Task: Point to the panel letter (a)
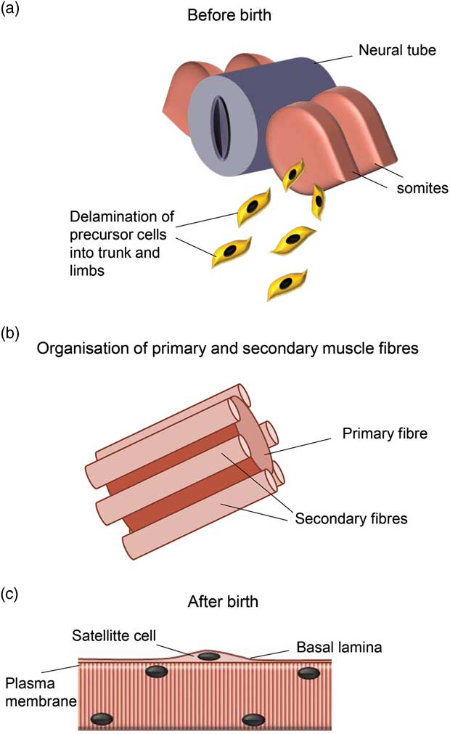(x=12, y=10)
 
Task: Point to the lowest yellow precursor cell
(x=287, y=282)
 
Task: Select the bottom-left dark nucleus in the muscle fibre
(x=102, y=719)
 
